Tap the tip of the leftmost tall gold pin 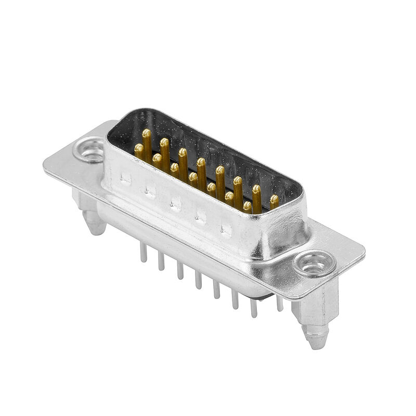click(147, 134)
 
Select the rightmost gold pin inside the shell click(274, 199)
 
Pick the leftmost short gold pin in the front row click(139, 149)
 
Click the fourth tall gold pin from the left click(201, 162)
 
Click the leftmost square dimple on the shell click(125, 179)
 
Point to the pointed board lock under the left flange click(95, 225)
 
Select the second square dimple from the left click(150, 191)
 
